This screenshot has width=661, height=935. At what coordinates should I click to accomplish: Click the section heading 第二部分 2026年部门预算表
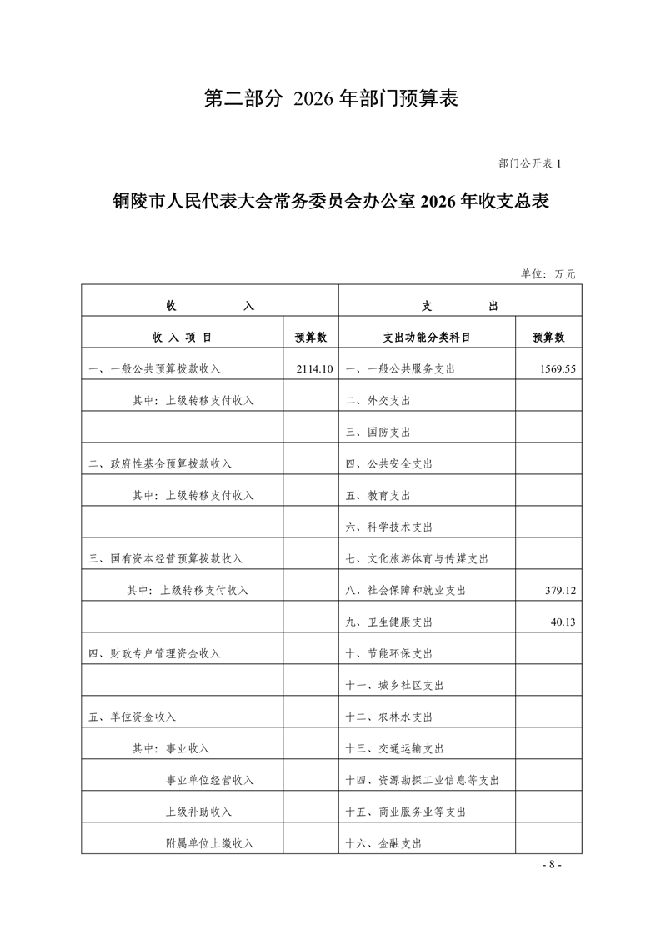click(331, 99)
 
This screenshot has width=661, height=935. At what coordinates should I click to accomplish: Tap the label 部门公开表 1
click(531, 163)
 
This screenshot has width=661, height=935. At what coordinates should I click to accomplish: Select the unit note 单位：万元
click(548, 273)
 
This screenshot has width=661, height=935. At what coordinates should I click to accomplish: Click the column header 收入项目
click(182, 337)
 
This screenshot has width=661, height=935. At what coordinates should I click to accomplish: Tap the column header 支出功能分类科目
click(427, 337)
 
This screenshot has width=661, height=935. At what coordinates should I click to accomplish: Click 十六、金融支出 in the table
click(383, 843)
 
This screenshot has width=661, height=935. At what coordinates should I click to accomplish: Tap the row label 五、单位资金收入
click(132, 717)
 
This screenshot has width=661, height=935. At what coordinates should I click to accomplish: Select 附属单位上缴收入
click(209, 843)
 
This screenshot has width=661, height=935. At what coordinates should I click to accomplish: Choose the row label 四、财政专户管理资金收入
click(154, 653)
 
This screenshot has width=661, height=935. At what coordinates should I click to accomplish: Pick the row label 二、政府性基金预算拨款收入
click(160, 463)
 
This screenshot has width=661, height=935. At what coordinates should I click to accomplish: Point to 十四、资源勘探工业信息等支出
click(422, 780)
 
